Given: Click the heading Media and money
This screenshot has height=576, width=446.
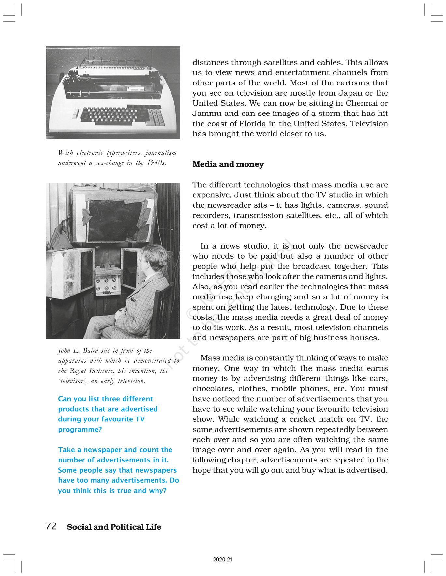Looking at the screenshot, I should tap(228, 164).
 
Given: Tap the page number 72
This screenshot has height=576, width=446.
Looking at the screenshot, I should tap(51, 526).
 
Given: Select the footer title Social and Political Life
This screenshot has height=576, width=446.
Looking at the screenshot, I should tap(114, 527).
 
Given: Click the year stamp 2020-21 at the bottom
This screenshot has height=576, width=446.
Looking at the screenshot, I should tap(223, 560).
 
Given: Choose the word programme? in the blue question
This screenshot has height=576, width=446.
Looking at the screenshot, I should tap(80, 430).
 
